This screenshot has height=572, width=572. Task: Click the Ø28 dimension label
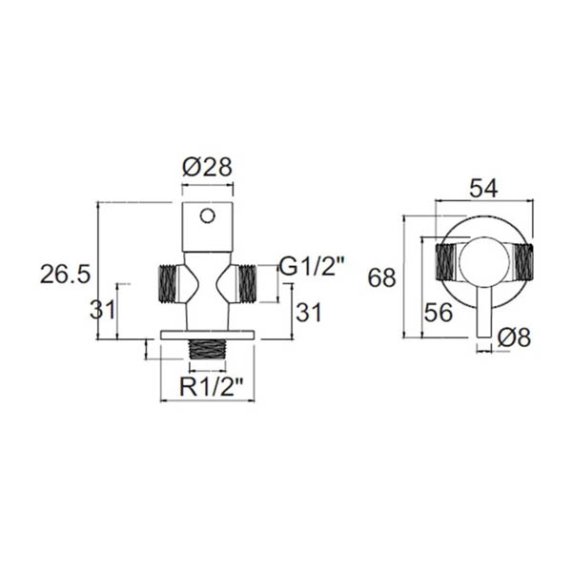click(207, 168)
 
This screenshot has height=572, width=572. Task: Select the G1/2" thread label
click(312, 267)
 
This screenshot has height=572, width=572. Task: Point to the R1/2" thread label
click(212, 387)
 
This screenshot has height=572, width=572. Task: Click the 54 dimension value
click(483, 189)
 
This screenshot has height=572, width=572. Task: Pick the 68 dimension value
click(381, 277)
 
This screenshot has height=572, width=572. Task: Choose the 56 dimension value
click(439, 313)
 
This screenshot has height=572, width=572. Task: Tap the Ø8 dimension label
click(514, 337)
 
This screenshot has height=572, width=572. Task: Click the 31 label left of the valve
click(103, 310)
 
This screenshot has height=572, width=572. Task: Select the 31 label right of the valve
click(309, 312)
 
